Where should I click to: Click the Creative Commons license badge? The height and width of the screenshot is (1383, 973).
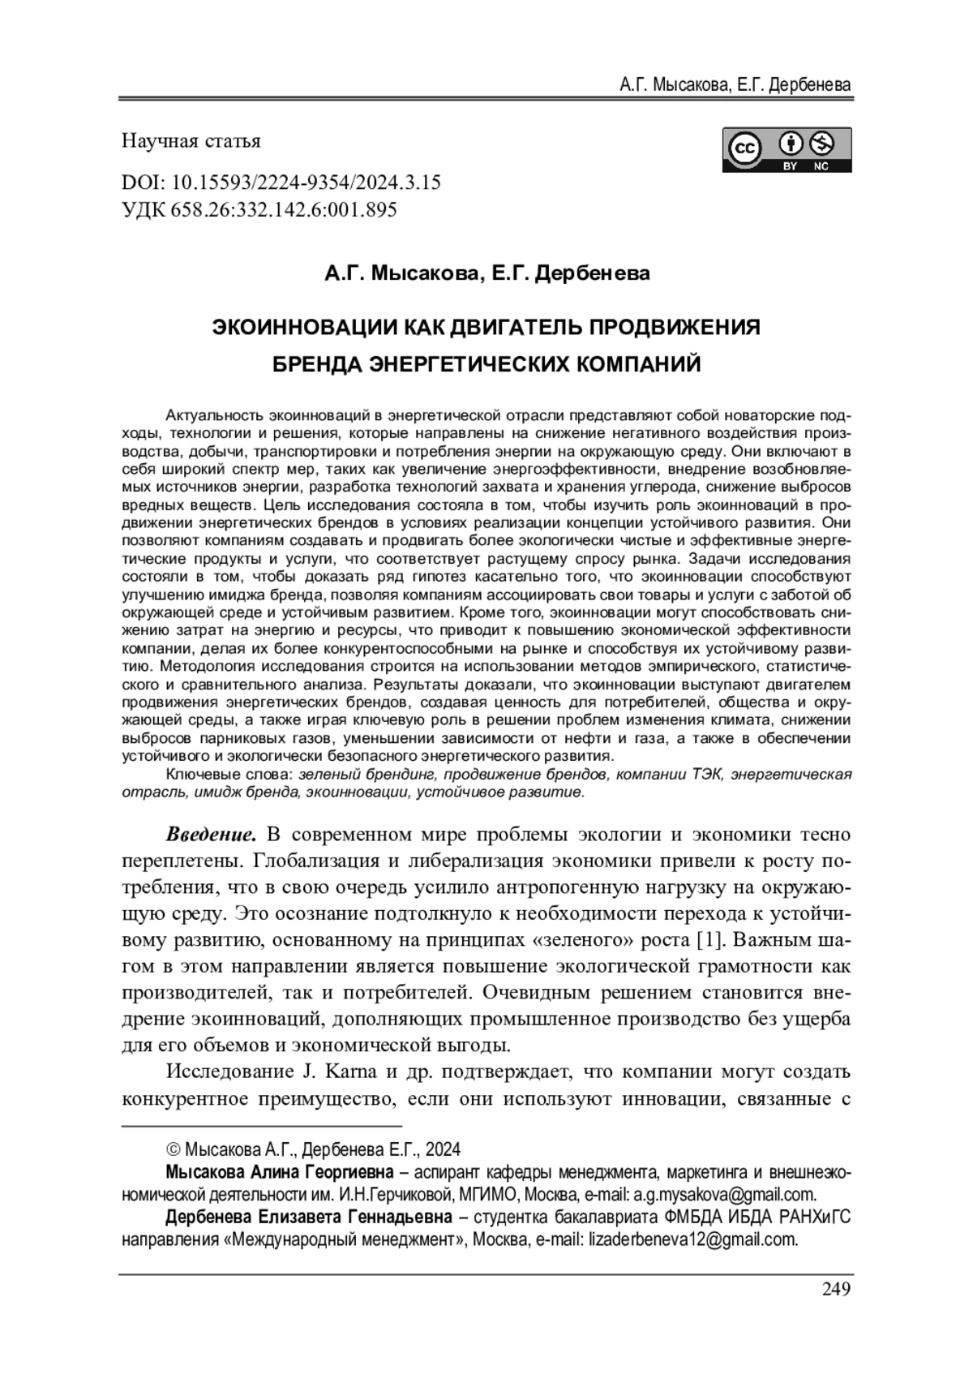pos(786,149)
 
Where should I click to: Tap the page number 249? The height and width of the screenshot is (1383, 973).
pos(836,1289)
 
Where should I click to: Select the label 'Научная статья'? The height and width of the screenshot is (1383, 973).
pos(191,141)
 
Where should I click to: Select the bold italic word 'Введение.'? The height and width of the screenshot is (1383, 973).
pos(212,835)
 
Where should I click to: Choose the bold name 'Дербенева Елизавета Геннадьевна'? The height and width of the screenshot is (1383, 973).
pos(309,1218)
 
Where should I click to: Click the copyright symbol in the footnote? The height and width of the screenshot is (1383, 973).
pos(173,1149)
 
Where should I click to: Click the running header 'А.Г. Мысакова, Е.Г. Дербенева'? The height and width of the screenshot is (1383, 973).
pos(735,84)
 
